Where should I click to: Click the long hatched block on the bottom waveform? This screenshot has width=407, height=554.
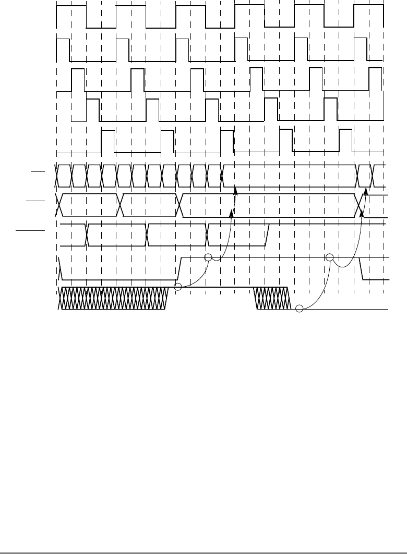tap(116, 299)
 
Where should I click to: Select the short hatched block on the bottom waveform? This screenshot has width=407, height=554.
tap(271, 299)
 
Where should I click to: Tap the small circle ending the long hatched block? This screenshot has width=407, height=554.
tap(177, 287)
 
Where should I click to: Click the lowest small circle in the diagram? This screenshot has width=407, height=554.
tap(299, 309)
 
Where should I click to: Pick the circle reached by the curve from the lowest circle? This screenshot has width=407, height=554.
tap(329, 257)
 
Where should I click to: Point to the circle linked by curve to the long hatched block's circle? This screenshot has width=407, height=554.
tap(208, 257)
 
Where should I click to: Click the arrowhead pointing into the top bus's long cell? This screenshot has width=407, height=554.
tap(236, 191)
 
